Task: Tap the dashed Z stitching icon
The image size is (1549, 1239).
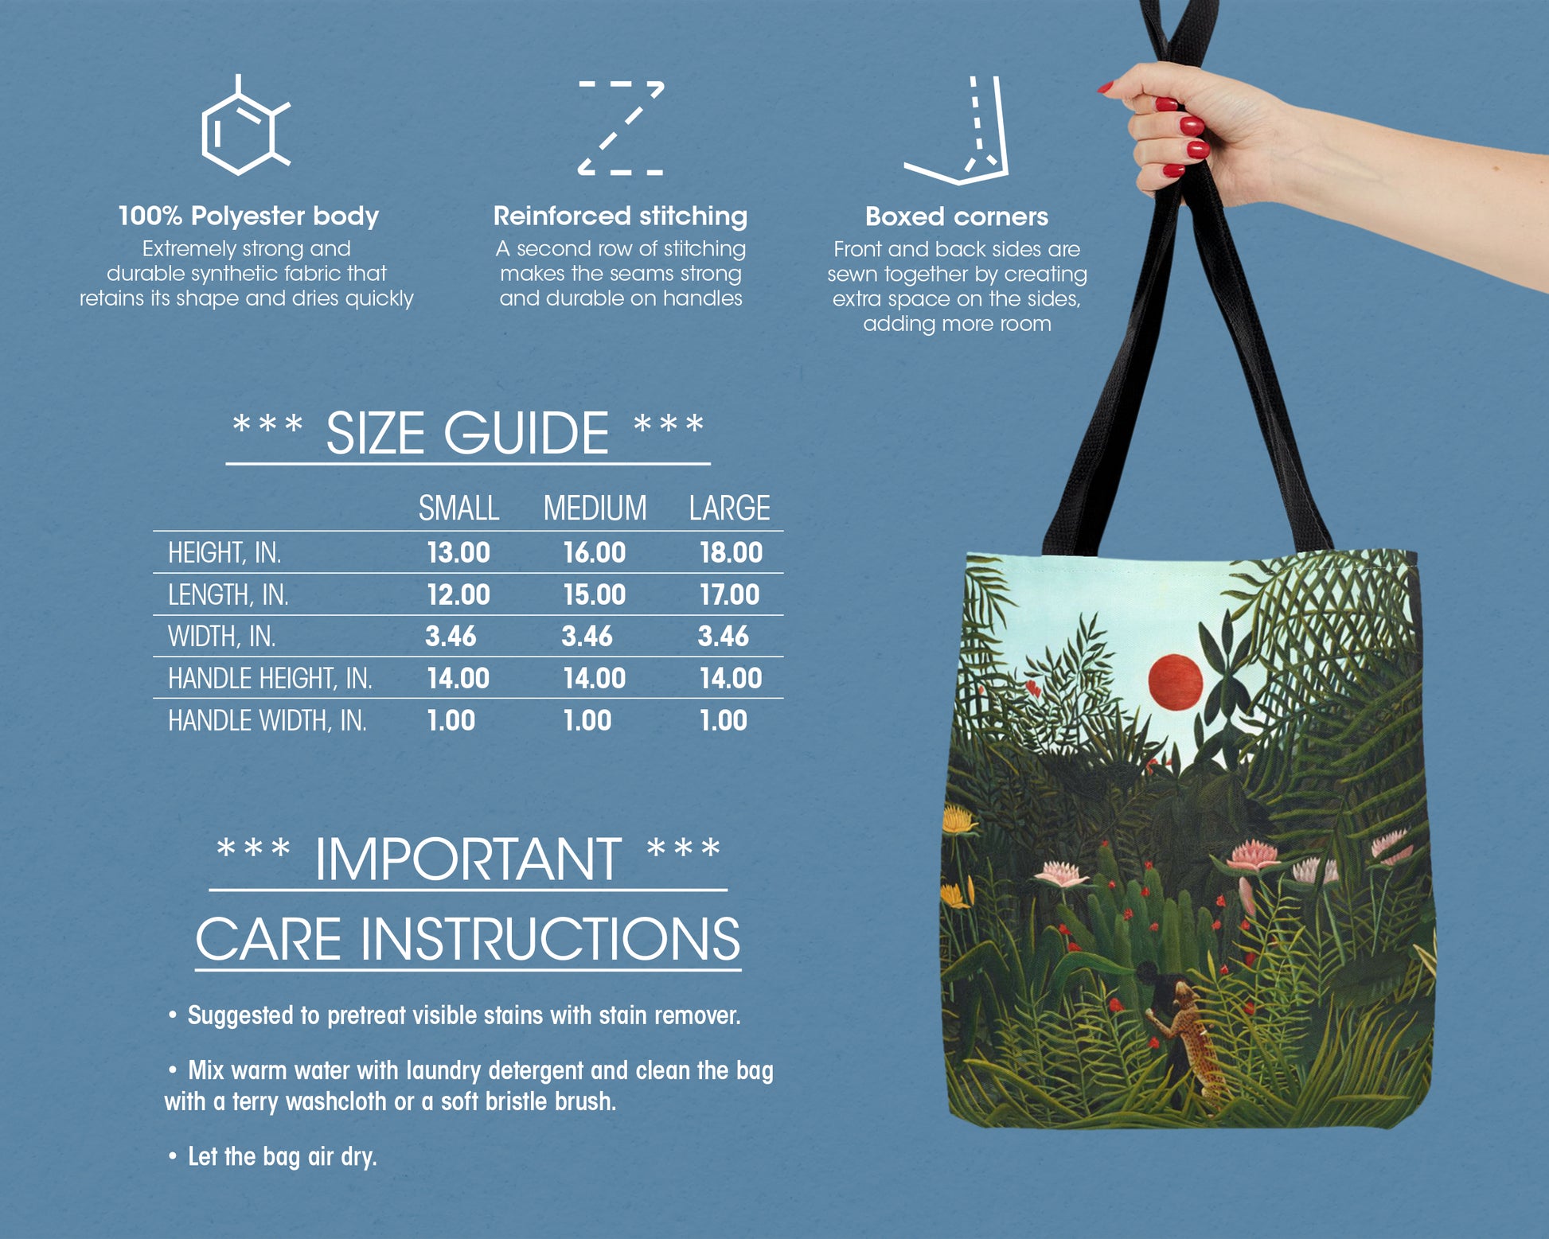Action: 621,127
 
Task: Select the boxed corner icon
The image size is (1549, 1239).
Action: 957,131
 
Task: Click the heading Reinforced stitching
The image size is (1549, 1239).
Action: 620,216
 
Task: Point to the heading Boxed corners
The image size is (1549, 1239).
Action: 957,216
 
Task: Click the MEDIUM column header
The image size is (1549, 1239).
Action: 595,508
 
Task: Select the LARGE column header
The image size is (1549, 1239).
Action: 729,508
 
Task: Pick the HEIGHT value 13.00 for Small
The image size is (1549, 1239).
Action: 458,552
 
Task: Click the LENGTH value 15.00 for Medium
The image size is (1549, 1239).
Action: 595,594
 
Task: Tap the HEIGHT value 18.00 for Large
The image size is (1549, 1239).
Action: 731,552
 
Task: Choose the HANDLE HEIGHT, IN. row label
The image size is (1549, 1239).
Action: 270,678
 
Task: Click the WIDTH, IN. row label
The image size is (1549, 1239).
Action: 221,637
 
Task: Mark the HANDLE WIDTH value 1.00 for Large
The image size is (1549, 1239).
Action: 723,720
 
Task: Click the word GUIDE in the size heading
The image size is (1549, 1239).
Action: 526,434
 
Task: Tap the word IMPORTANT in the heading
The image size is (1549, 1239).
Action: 468,859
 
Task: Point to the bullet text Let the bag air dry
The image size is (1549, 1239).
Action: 282,1156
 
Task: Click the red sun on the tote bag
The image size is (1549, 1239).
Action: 1175,682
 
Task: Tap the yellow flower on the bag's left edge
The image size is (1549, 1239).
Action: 959,819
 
